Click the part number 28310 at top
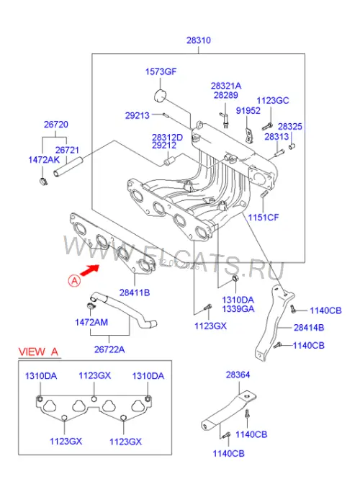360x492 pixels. (x=199, y=40)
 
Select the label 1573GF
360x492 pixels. (x=161, y=71)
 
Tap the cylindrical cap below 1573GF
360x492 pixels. (x=161, y=96)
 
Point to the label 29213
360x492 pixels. (x=138, y=115)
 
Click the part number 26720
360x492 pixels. (x=56, y=125)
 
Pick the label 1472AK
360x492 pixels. (x=44, y=160)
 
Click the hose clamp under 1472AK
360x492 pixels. (x=43, y=181)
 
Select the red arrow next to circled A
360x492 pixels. (x=90, y=270)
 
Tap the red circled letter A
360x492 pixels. (x=74, y=280)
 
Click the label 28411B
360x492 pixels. (x=135, y=292)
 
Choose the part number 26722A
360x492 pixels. (x=109, y=349)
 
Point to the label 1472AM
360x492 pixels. (x=91, y=322)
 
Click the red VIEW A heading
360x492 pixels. (x=39, y=352)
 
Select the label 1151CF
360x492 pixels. (x=263, y=217)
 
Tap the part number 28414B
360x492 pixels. (x=309, y=328)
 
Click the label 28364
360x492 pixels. (x=238, y=375)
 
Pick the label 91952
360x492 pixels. (x=248, y=110)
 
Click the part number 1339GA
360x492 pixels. (x=238, y=309)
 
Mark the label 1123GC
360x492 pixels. (x=273, y=100)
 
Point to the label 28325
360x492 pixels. (x=290, y=127)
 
